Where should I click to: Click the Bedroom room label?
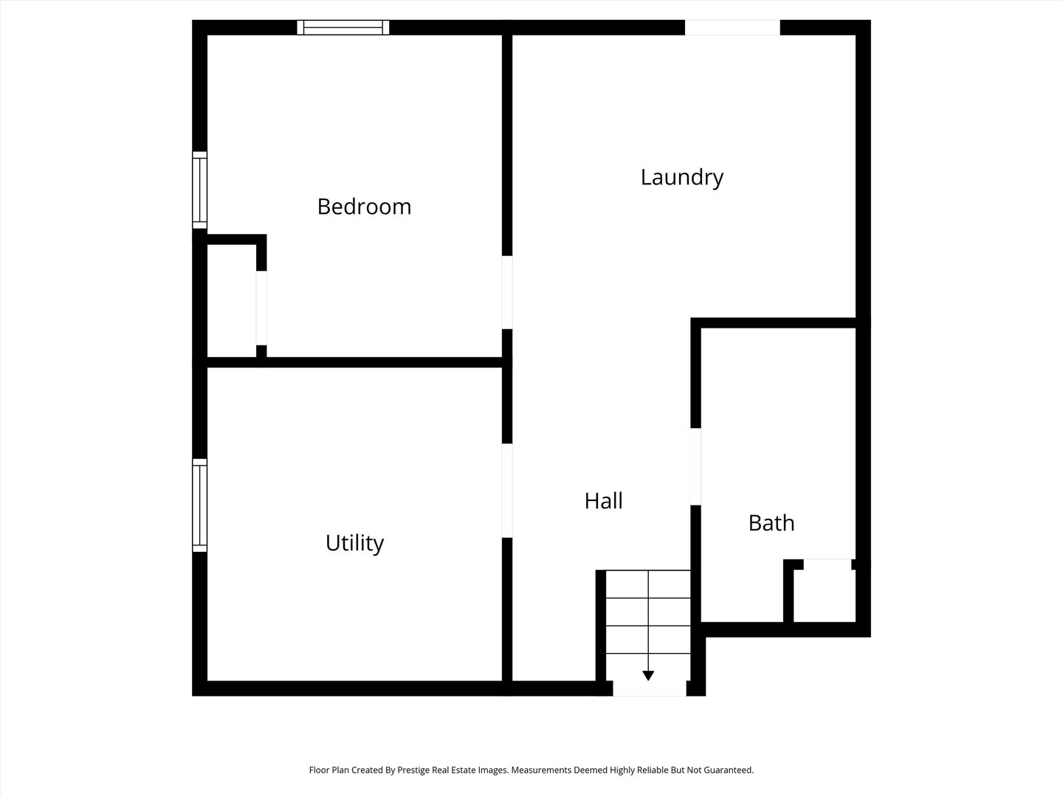click(364, 207)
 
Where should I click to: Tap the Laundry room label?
click(681, 177)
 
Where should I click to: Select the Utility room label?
click(354, 543)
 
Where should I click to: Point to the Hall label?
click(603, 501)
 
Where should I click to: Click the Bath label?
click(771, 523)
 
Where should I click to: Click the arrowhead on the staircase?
click(648, 674)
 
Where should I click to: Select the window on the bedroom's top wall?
click(343, 27)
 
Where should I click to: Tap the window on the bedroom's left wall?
click(199, 190)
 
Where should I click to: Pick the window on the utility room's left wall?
click(199, 506)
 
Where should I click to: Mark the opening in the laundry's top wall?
click(732, 27)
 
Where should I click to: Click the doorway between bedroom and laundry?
click(507, 292)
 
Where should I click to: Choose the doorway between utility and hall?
click(507, 491)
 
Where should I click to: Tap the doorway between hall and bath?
click(695, 466)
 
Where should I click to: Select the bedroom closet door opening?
click(261, 308)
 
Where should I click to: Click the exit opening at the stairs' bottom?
click(650, 689)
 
